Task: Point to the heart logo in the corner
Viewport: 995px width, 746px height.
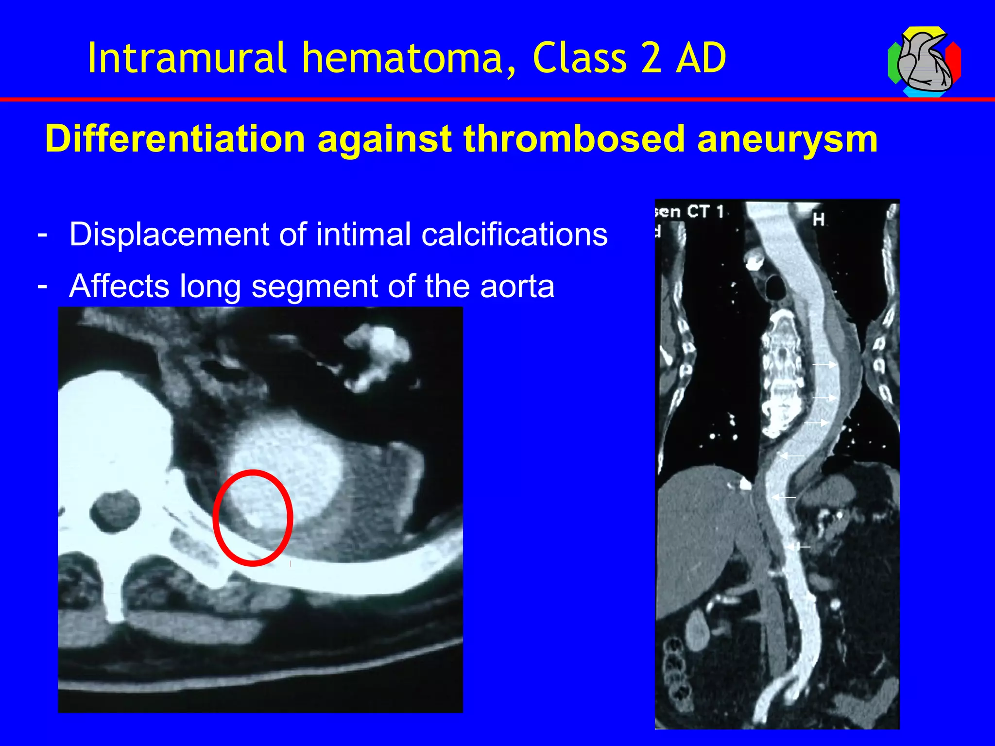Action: click(924, 62)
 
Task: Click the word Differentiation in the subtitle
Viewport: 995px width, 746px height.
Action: click(175, 139)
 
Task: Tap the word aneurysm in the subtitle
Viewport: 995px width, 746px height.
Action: click(787, 140)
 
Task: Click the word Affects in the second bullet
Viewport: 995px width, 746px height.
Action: click(119, 286)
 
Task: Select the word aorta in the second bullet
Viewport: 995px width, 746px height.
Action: click(517, 287)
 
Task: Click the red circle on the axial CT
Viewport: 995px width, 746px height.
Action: click(253, 518)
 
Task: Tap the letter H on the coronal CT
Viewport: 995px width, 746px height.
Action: click(819, 220)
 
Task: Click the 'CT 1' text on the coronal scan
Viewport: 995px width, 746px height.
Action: click(705, 212)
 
